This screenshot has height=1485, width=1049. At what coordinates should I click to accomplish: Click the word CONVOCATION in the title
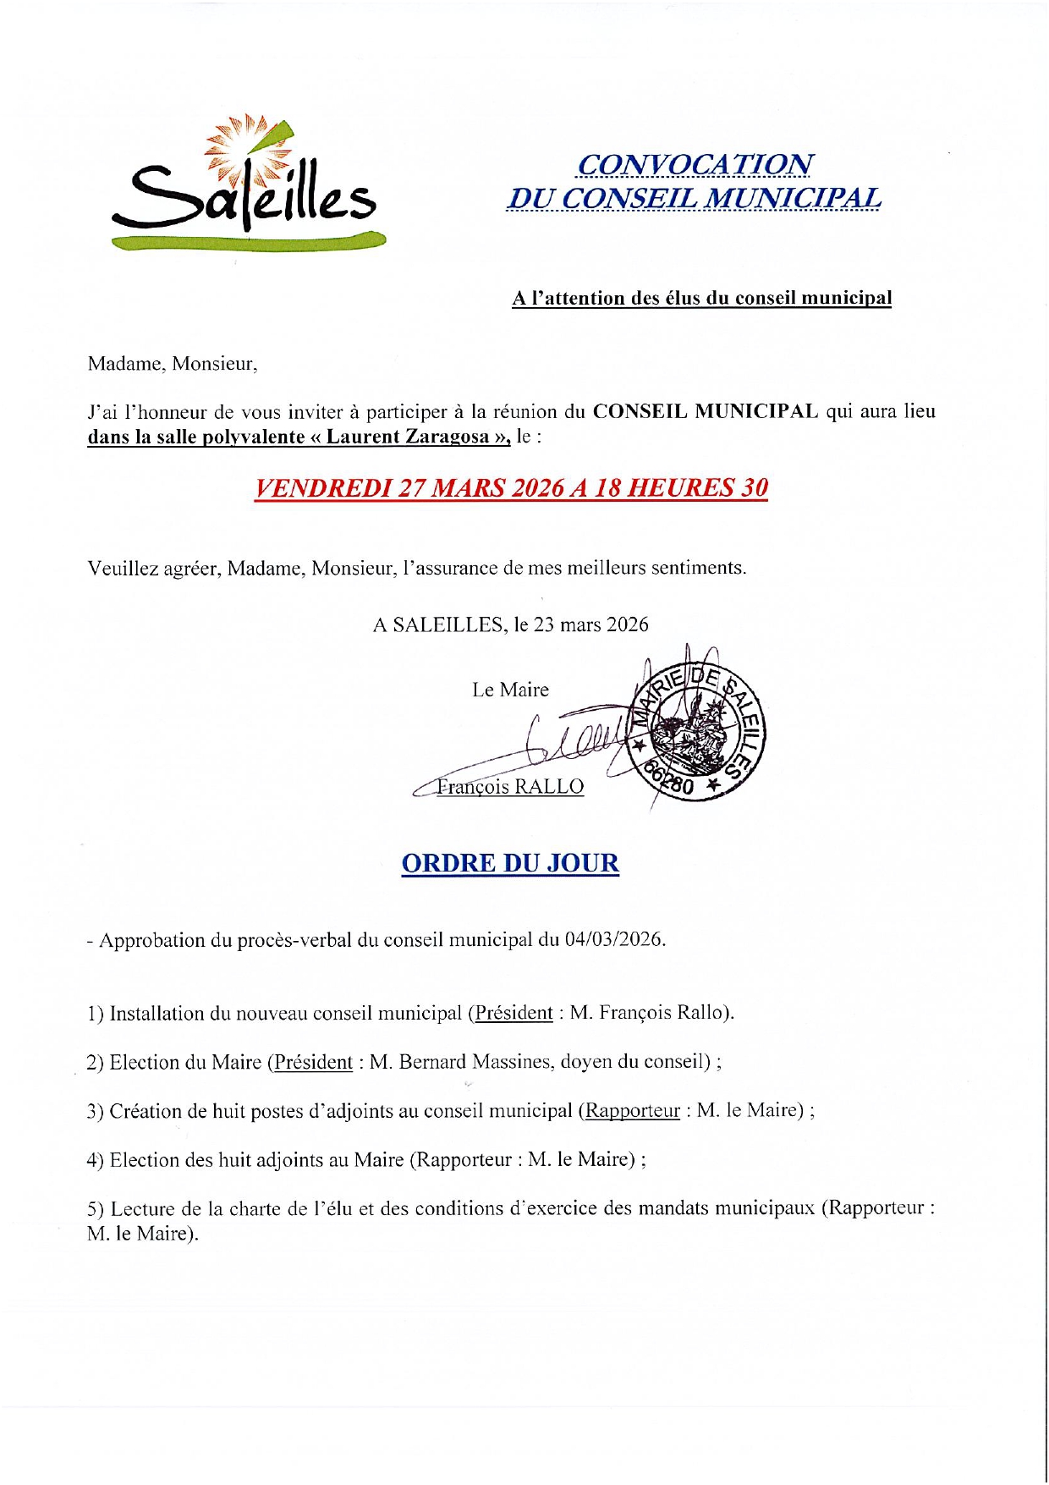tap(694, 164)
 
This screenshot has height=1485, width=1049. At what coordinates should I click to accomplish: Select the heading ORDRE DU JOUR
tap(510, 863)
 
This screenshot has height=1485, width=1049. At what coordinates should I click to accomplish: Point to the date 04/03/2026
tap(613, 940)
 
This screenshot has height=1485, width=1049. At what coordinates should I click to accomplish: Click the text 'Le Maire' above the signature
tap(510, 690)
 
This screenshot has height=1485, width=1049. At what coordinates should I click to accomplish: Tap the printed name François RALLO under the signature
tap(509, 787)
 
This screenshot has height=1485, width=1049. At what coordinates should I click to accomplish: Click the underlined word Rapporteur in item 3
tap(633, 1110)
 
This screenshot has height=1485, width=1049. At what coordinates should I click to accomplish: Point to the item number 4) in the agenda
tap(95, 1159)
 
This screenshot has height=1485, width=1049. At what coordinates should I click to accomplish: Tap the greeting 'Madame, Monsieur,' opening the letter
tap(172, 364)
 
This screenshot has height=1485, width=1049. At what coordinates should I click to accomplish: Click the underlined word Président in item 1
tap(514, 1013)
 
